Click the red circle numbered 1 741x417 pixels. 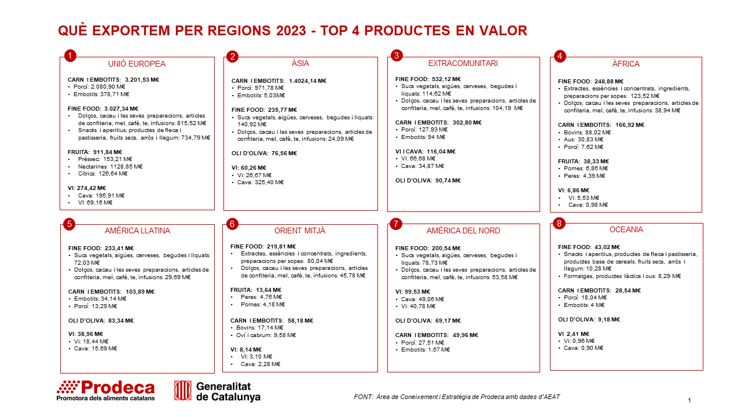70,56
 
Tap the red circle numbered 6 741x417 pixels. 232,224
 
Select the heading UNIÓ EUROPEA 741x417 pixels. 137,64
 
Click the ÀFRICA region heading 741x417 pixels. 626,64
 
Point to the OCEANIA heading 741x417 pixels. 626,230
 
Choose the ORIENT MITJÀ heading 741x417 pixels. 300,231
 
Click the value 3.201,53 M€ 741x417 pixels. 142,80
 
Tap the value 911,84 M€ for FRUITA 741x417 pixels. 108,152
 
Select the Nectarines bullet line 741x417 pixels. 110,166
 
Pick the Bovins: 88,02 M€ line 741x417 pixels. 587,133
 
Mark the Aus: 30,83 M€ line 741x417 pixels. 584,140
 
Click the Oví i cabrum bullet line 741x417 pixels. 266,335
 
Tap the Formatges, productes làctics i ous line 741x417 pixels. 622,276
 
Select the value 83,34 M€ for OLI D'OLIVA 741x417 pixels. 121,321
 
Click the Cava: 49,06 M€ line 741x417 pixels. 423,299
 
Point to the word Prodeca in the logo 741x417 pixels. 118,387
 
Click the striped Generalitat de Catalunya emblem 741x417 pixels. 182,390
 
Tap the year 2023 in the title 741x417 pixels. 291,31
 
